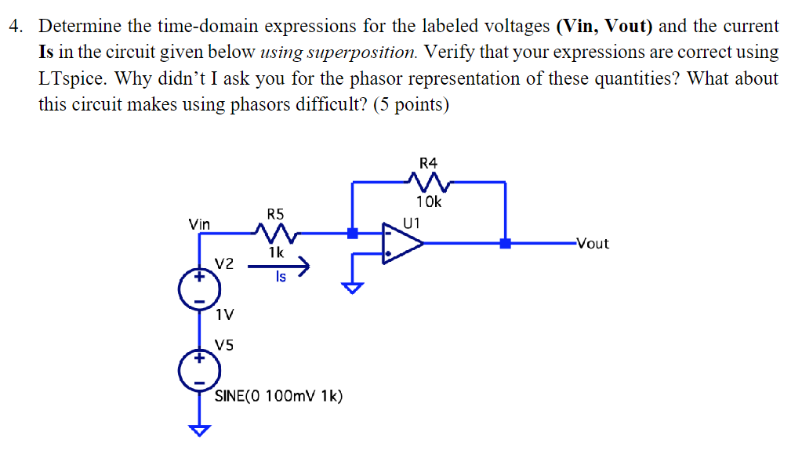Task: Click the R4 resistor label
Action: (428, 163)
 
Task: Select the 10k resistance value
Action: (429, 201)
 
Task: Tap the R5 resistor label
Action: (276, 213)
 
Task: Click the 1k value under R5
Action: (275, 252)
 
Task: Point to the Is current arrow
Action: (280, 268)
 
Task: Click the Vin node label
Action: (199, 224)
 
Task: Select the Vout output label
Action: (592, 243)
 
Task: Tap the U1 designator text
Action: (411, 221)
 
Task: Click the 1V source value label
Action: (224, 315)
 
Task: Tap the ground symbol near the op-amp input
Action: (354, 287)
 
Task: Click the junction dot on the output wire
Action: (506, 243)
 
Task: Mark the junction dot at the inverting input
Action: (353, 233)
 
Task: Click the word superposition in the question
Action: (361, 53)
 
